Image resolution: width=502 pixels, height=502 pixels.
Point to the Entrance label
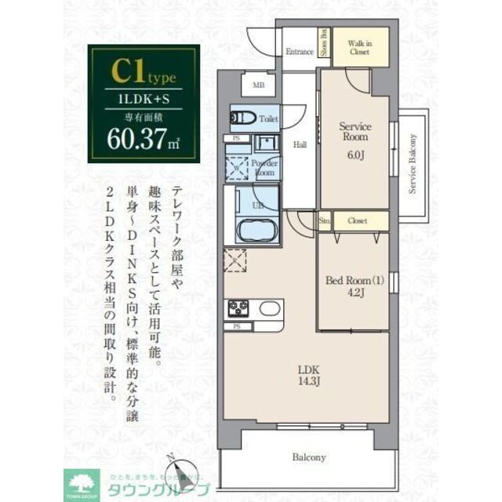pos(299,52)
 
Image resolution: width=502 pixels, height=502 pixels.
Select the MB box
pos(258,86)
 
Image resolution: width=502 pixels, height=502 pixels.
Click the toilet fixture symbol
pos(242,119)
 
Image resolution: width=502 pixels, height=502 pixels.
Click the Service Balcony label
pos(412,163)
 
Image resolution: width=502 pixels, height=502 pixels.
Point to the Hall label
pos(300,144)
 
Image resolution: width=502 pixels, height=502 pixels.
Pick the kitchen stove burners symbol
pos(238,307)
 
